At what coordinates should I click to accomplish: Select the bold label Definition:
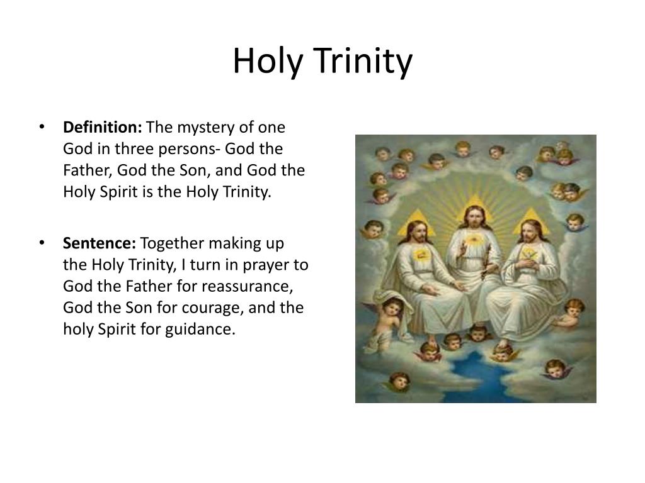pyautogui.click(x=103, y=128)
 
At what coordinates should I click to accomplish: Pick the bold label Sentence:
pyautogui.click(x=100, y=243)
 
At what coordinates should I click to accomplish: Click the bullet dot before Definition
pyautogui.click(x=42, y=128)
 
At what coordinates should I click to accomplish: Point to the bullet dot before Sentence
pyautogui.click(x=42, y=243)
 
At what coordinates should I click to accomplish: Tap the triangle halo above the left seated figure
pyautogui.click(x=416, y=221)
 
